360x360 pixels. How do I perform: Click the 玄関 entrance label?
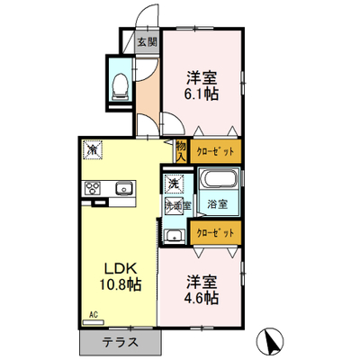[x=148, y=42]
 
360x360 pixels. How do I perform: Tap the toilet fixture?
[x=120, y=86]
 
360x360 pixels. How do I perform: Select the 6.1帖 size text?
[x=202, y=94]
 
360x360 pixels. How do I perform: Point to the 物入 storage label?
[x=181, y=151]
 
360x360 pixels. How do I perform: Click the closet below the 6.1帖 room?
[x=216, y=151]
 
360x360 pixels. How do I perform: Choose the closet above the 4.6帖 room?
[x=216, y=233]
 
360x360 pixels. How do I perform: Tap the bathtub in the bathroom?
[x=219, y=178]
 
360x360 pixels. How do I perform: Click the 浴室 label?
[x=218, y=204]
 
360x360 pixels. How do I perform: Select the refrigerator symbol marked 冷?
[x=94, y=149]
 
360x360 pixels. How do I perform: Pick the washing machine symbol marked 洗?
[x=173, y=184]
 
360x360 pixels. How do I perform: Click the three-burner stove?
[x=93, y=189]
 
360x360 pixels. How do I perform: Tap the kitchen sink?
[x=123, y=189]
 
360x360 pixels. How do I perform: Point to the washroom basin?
[x=175, y=236]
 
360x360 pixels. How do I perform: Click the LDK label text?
[x=121, y=268]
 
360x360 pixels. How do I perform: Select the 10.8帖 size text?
[x=121, y=284]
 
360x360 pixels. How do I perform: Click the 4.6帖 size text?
[x=202, y=298]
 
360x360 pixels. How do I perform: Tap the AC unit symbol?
[x=94, y=322]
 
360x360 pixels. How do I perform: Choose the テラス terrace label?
[x=121, y=343]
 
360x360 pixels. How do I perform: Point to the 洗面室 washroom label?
[x=178, y=205]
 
